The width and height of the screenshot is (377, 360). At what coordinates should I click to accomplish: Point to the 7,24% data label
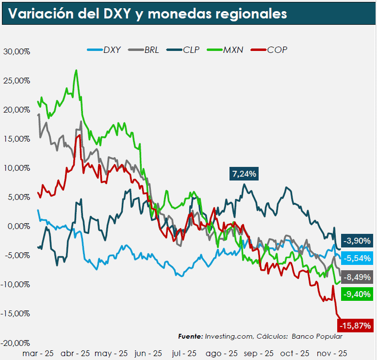244,174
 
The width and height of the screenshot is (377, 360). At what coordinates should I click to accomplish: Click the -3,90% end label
357,241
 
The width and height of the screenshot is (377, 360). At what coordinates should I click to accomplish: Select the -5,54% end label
357,258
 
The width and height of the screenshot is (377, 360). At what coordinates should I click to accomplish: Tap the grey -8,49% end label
357,278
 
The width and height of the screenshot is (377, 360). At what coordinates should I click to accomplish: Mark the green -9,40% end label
357,294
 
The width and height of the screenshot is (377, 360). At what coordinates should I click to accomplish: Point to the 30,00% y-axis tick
16,51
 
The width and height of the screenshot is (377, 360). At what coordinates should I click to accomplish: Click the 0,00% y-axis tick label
18,226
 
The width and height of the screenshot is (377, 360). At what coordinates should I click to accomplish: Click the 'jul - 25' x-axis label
184,354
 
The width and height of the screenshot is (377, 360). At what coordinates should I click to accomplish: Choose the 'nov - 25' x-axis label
331,354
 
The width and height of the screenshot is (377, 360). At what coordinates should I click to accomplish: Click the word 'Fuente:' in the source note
190,336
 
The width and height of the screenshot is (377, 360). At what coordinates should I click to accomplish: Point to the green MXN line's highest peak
76,70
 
